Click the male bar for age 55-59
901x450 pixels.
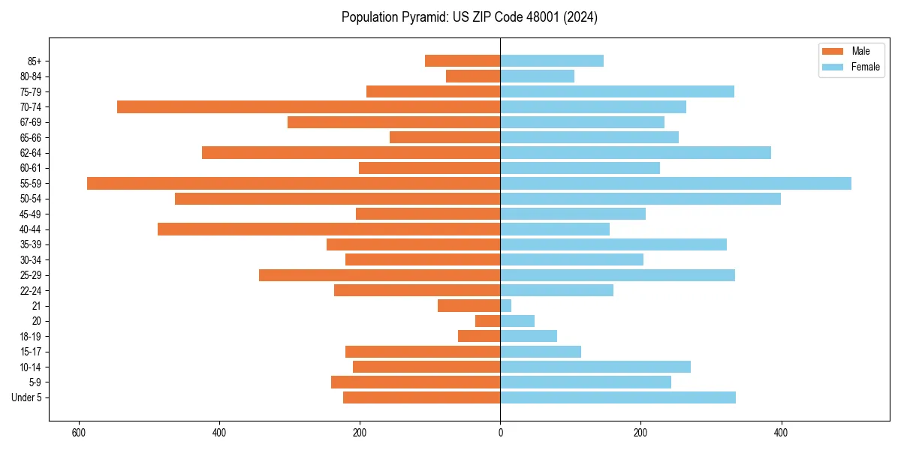pos(293,183)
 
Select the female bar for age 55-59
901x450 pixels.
pos(676,183)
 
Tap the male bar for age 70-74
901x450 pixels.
pos(308,106)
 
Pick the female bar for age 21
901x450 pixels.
pos(506,305)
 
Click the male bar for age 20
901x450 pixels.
pos(488,321)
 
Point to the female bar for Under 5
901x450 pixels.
pos(618,397)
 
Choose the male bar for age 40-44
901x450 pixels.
pos(329,229)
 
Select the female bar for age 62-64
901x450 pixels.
pos(635,152)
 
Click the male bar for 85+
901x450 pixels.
pos(463,61)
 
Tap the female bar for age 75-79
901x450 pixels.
pos(617,91)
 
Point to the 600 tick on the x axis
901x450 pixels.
pos(78,433)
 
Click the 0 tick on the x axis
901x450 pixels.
pos(500,433)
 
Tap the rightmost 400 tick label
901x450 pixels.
pos(781,433)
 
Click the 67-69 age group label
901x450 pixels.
pos(30,122)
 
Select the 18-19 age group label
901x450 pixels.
pos(30,336)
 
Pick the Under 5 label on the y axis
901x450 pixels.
pos(26,397)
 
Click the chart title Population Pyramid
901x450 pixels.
pos(469,17)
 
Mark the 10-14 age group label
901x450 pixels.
pos(30,367)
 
